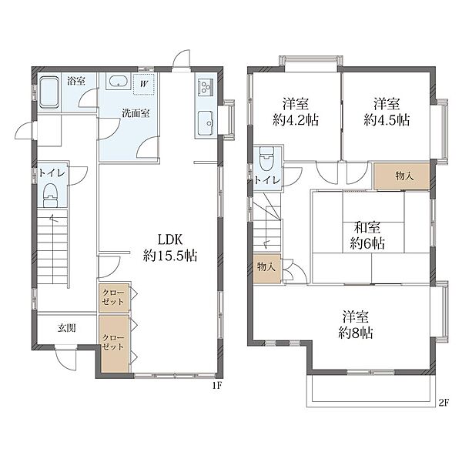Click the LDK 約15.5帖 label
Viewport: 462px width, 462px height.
point(170,248)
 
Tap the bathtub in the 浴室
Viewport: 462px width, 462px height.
point(49,93)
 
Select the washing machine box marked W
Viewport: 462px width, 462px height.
point(144,84)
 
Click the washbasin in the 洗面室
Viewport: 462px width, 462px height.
point(119,81)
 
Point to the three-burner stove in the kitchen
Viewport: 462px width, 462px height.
point(205,87)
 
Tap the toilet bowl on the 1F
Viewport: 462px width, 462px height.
point(50,195)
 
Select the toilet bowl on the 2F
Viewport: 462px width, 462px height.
point(266,159)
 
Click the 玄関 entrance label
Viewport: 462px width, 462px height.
point(66,328)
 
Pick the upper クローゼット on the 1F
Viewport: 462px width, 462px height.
point(114,297)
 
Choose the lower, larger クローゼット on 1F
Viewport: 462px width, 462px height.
point(114,344)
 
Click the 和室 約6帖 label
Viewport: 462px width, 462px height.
point(367,236)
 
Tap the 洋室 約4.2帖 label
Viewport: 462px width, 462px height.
point(296,112)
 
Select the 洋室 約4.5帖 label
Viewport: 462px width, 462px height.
point(387,112)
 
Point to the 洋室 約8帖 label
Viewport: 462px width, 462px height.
point(356,325)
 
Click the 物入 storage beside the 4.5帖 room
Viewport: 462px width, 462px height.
point(402,176)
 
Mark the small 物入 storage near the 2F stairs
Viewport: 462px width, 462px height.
point(267,268)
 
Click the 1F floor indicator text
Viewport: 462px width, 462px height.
point(217,386)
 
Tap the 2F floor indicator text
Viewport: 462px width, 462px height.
point(444,403)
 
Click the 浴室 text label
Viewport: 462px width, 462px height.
point(76,81)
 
